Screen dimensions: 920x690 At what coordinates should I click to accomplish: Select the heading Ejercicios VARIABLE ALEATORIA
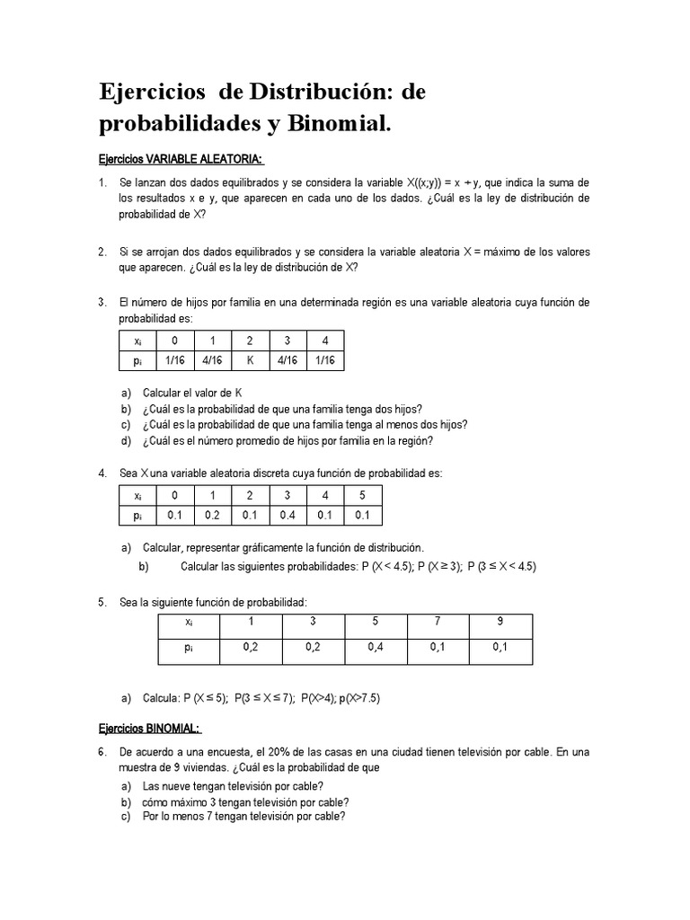click(x=181, y=159)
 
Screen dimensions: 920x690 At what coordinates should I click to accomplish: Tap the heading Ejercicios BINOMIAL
click(x=149, y=728)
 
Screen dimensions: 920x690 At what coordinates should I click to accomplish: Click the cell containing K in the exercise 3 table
click(x=251, y=359)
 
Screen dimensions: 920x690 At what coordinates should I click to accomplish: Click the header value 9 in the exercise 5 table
click(x=500, y=622)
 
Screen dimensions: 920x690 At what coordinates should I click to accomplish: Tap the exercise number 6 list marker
click(x=102, y=751)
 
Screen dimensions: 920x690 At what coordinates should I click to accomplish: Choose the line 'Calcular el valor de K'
click(x=192, y=393)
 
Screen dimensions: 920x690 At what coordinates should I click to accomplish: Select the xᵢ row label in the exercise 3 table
click(x=137, y=341)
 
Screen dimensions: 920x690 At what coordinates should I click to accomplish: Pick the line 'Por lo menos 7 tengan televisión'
click(x=243, y=817)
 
